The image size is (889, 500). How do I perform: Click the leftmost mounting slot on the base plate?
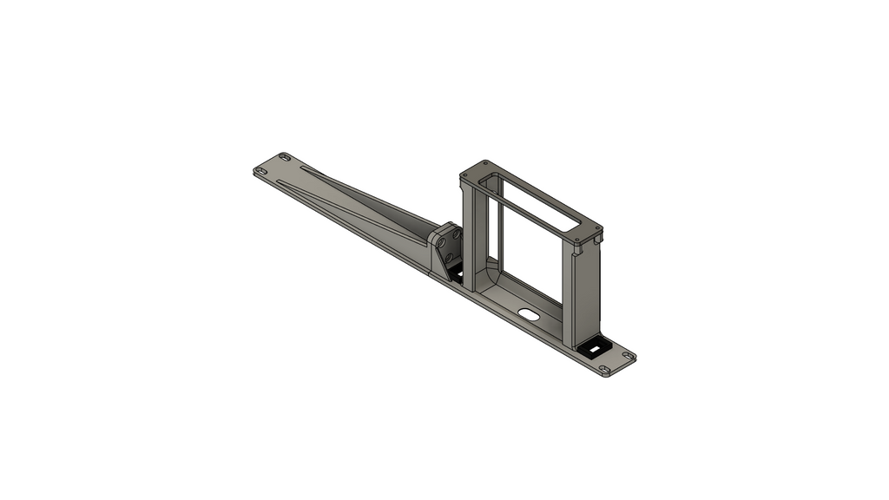point(260,172)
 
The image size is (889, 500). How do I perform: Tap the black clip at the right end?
point(597,347)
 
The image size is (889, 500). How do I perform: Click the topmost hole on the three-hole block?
point(452,232)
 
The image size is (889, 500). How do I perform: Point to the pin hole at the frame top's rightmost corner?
point(598,233)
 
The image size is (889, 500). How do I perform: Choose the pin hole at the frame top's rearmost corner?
point(485,163)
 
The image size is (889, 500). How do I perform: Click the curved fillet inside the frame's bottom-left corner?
point(488,277)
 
